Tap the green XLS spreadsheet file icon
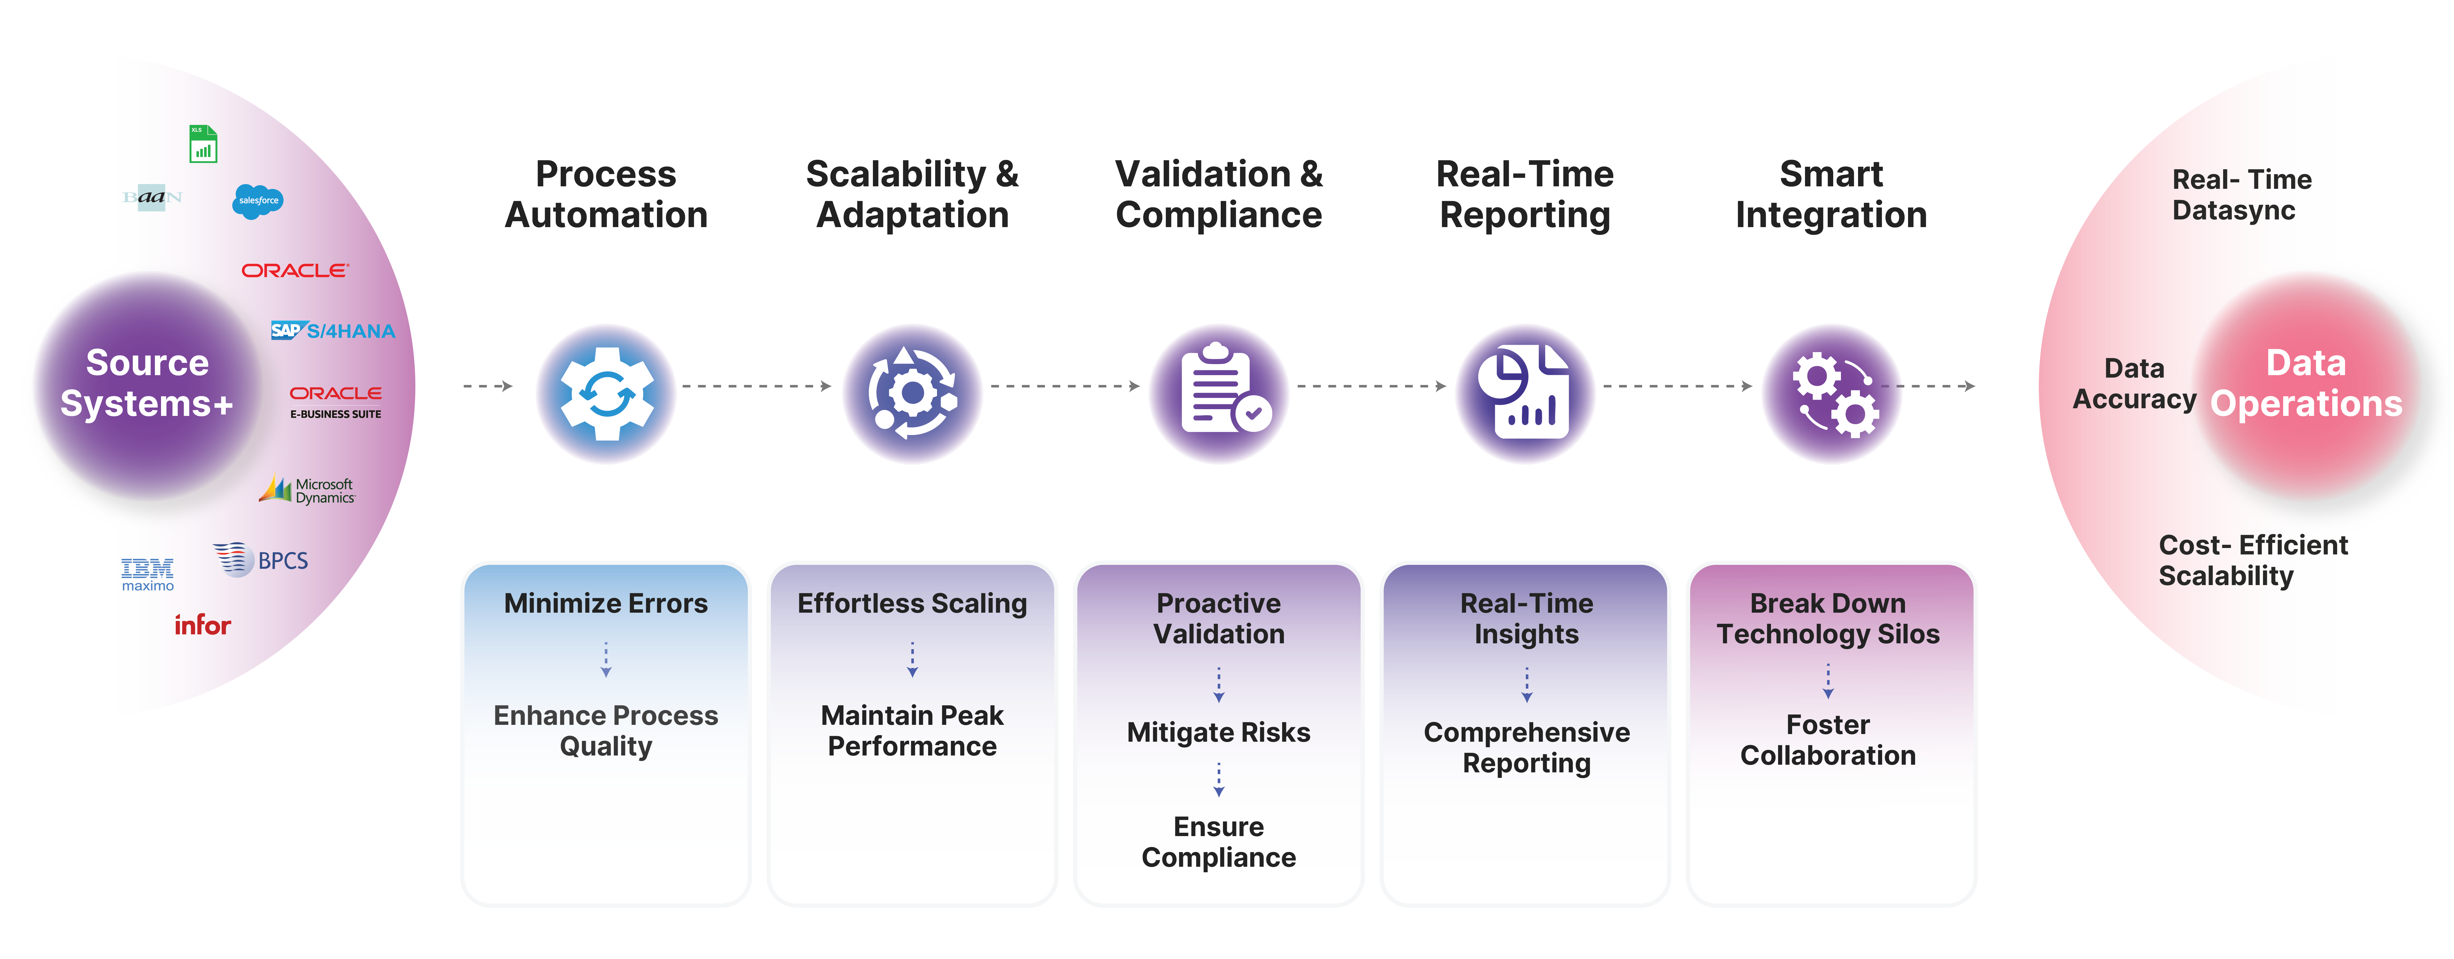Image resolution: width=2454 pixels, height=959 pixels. coord(203,145)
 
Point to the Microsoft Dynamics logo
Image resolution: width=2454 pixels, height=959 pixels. coord(308,490)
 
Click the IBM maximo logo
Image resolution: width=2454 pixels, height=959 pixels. coord(148,574)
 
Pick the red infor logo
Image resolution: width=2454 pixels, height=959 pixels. coord(202,625)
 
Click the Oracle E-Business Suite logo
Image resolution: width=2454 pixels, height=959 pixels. coord(335,401)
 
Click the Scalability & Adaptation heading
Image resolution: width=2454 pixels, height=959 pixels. coord(912,194)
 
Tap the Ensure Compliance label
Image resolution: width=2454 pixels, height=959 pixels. coord(1219,842)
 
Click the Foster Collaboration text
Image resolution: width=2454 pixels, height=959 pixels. coord(1827,740)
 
